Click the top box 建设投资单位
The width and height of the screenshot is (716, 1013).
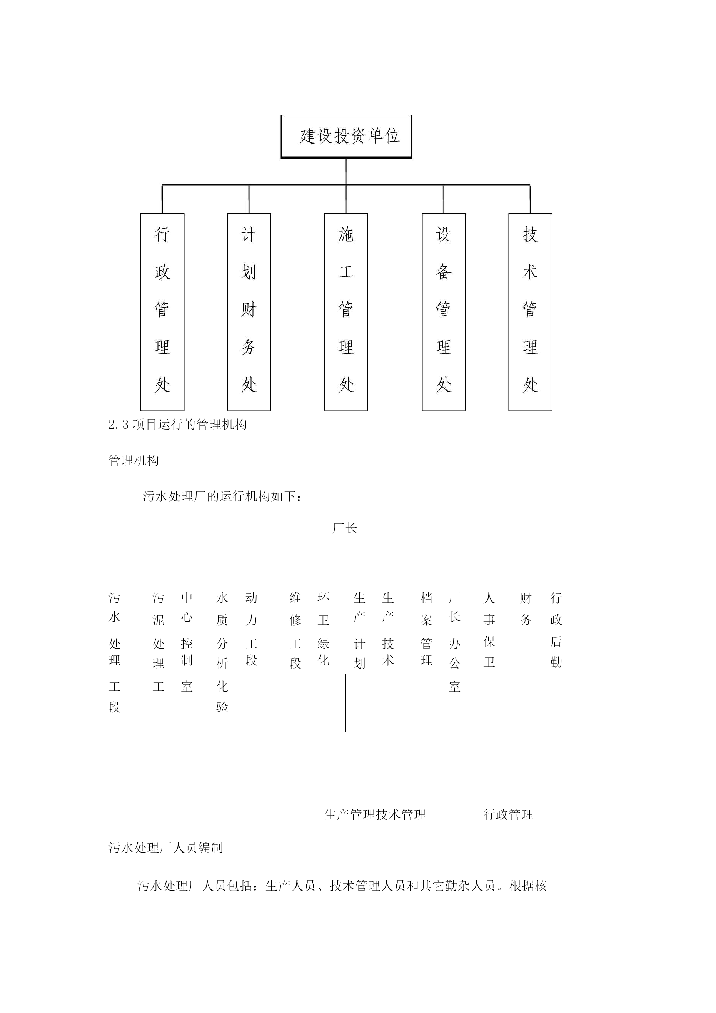(346, 136)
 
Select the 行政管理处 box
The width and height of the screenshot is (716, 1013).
(162, 313)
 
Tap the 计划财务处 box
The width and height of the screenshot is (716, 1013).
(249, 313)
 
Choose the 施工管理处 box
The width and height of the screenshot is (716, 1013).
(346, 313)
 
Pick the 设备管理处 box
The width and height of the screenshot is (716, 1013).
(444, 313)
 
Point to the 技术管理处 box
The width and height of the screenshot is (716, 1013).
(530, 313)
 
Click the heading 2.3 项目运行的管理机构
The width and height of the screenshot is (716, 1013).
(177, 425)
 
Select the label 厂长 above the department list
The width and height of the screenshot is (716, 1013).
(345, 528)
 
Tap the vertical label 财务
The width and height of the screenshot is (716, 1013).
(526, 609)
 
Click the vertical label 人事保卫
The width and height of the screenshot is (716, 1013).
(489, 630)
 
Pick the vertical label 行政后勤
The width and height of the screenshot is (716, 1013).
(556, 630)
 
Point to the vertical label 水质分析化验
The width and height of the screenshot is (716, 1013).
(222, 653)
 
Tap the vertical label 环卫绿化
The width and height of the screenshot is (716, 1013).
(323, 630)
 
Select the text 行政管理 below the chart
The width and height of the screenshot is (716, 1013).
(509, 815)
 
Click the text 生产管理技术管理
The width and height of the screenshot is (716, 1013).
(375, 815)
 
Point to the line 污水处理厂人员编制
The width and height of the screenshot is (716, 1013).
(165, 848)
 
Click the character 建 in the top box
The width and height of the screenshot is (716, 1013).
(308, 136)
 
